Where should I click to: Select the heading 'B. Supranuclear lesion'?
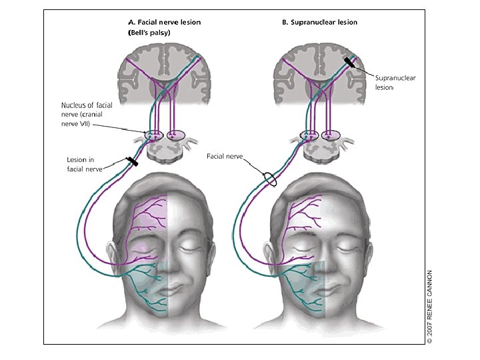(319, 22)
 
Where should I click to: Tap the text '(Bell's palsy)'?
(145, 33)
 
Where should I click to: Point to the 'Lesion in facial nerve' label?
(89, 165)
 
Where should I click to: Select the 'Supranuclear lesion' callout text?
(395, 83)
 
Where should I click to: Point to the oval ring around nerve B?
(269, 179)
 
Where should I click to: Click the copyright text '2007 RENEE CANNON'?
(430, 307)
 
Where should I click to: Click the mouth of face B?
(323, 289)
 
